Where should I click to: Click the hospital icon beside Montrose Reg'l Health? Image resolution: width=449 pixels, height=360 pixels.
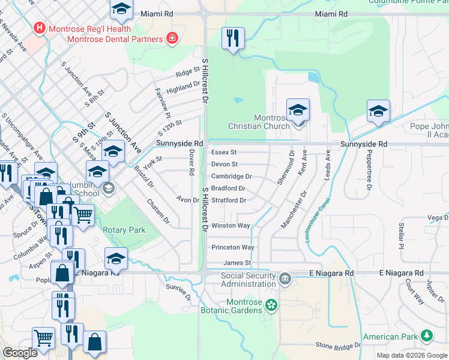pos(40,28)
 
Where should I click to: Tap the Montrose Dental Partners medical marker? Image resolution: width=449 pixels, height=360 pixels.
pos(172,39)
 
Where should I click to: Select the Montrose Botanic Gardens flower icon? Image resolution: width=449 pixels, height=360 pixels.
pos(271,305)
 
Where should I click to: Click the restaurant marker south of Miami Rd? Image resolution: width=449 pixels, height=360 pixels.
pos(232,38)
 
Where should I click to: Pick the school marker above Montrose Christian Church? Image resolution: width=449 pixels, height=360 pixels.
pos(298,110)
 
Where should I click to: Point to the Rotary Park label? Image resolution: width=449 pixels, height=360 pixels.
pos(124,230)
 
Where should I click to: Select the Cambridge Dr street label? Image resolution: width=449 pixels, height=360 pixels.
pos(231,176)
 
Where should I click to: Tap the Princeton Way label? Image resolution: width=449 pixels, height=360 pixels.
pos(233,247)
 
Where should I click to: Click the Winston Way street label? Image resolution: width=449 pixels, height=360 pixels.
pos(231,226)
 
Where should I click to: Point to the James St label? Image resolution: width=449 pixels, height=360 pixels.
pos(237,263)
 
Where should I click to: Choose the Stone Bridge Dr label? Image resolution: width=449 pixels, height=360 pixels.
pos(339,346)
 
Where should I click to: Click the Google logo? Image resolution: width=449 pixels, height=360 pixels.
pos(20,353)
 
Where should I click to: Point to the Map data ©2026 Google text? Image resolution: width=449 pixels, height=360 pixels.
pos(411,355)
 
